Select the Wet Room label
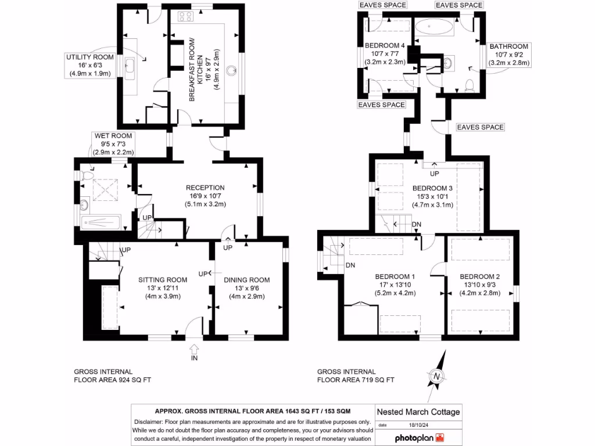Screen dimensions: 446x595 coord(113,136)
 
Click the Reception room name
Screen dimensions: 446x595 coord(205,188)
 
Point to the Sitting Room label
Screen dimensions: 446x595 coord(163,280)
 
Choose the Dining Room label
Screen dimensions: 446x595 coord(247,280)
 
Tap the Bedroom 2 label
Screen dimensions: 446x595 coord(479,276)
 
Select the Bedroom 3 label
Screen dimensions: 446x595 coord(432,188)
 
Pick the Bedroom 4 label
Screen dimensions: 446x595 coord(385,46)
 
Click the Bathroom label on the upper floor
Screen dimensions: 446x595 coord(508,46)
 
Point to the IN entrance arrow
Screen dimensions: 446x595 coord(194,350)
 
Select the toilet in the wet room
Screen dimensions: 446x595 coord(88,174)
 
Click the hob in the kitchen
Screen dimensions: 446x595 coord(186,17)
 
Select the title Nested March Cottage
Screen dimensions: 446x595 coord(418,412)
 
